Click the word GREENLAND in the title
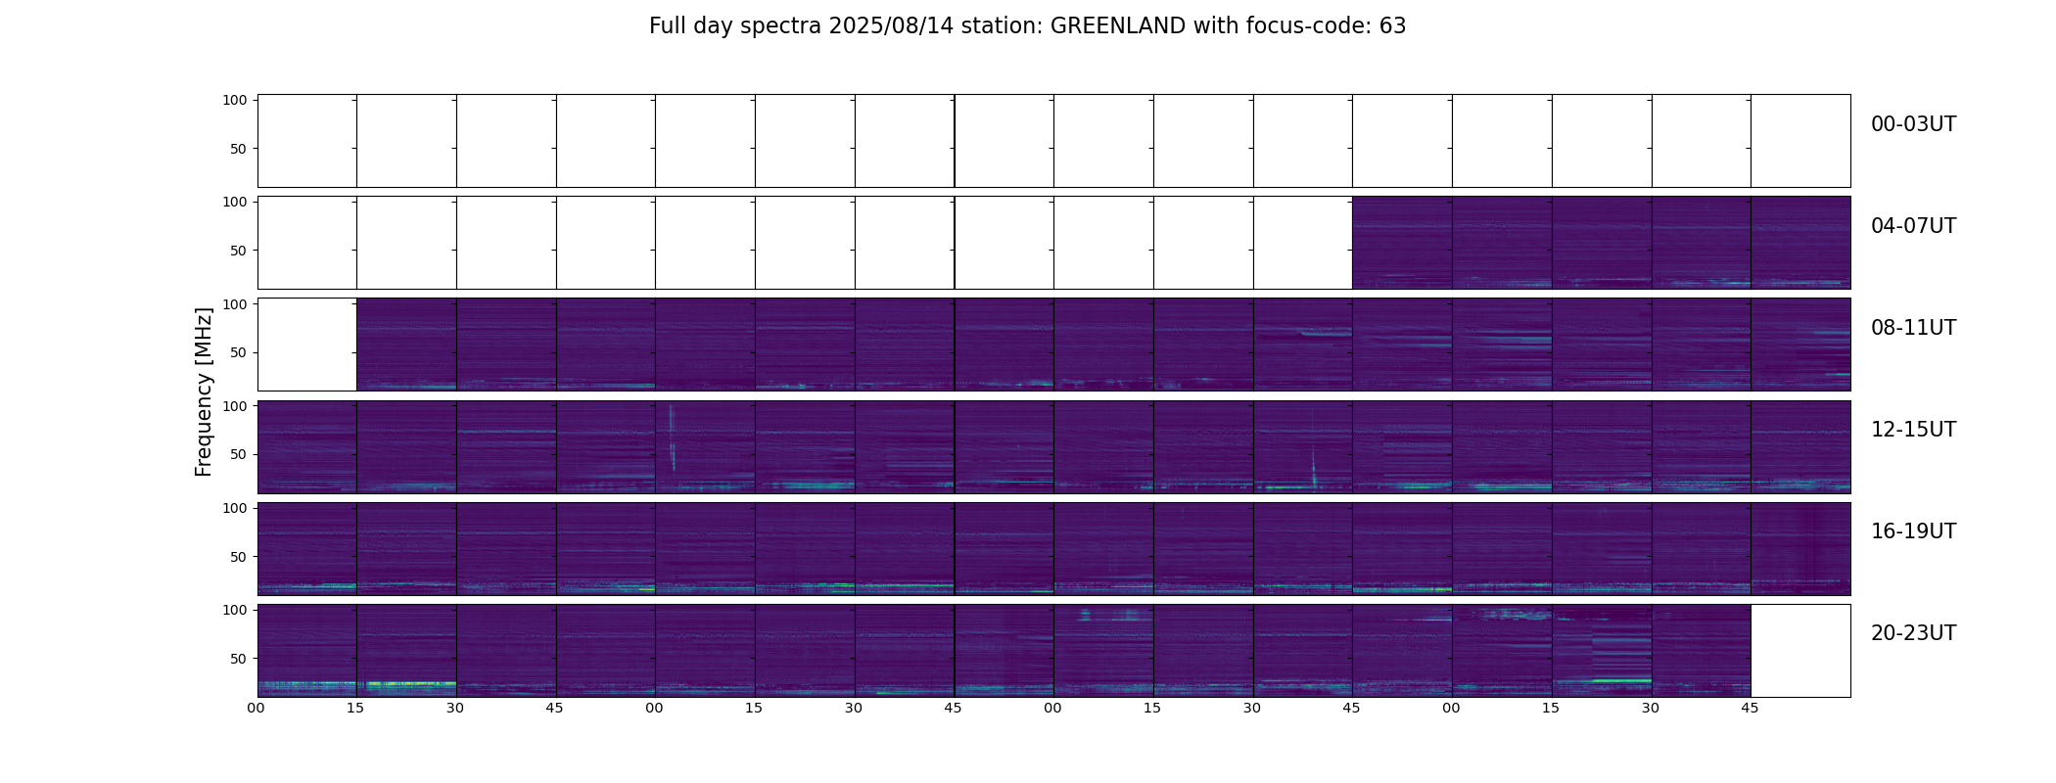(1117, 26)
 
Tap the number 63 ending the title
(1392, 26)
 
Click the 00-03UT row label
(1913, 124)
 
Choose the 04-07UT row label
(1913, 226)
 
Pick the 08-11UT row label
(1913, 328)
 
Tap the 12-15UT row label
(1913, 430)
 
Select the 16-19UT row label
(1913, 531)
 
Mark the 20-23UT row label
(1913, 633)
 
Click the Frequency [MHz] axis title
(204, 391)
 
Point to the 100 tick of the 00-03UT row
(235, 100)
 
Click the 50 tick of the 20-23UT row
(239, 659)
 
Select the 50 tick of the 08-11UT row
(239, 352)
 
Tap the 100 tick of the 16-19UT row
(235, 508)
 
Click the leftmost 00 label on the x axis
(257, 708)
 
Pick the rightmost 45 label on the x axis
(1750, 708)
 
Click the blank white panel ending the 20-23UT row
(1799, 650)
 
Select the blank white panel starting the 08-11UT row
(306, 345)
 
